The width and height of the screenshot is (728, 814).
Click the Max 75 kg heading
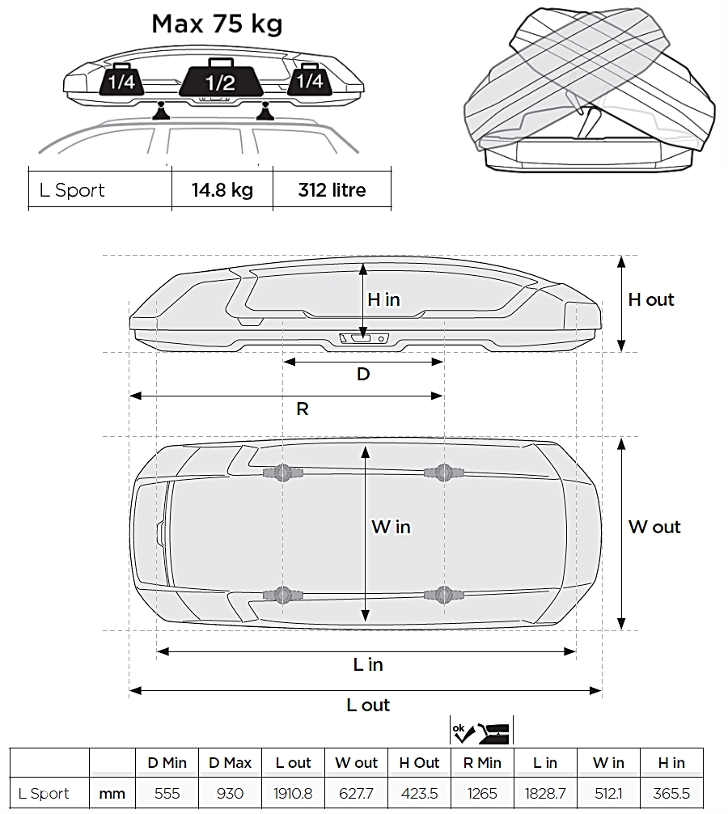click(217, 24)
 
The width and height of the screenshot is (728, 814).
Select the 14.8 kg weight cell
click(222, 189)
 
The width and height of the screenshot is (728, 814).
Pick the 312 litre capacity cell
click(332, 190)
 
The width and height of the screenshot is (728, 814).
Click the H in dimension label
click(383, 299)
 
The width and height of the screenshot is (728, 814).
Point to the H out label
click(650, 299)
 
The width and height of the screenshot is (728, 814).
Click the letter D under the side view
click(363, 374)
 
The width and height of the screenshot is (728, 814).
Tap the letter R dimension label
click(303, 409)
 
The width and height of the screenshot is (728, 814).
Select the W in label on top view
click(391, 527)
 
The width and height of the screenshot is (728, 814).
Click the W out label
click(654, 527)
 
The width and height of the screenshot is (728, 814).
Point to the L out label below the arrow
click(368, 705)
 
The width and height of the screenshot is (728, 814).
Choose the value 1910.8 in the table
click(293, 793)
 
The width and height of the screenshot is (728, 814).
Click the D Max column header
click(230, 762)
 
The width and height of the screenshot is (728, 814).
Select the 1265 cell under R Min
click(482, 793)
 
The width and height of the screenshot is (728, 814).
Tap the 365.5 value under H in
click(671, 793)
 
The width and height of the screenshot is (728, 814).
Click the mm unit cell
click(112, 794)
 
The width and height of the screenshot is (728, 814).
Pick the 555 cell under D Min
click(167, 793)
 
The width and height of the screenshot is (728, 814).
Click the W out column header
click(357, 762)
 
